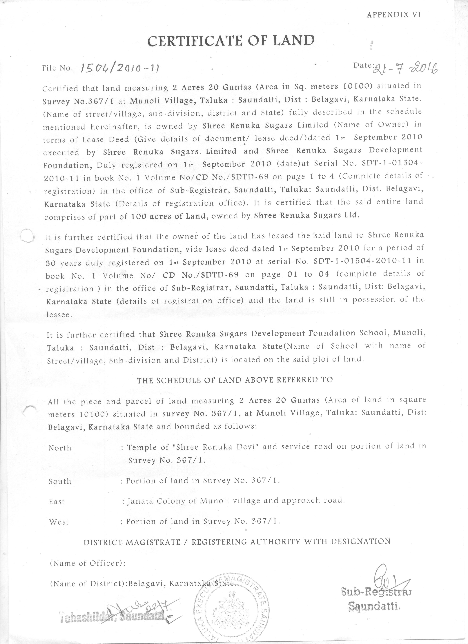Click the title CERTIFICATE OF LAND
tap(231, 41)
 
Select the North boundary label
tap(60, 448)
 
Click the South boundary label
tap(60, 481)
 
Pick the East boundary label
tap(57, 501)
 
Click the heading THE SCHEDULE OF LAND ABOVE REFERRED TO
tap(235, 380)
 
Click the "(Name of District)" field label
tap(88, 583)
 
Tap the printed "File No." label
tap(58, 68)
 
